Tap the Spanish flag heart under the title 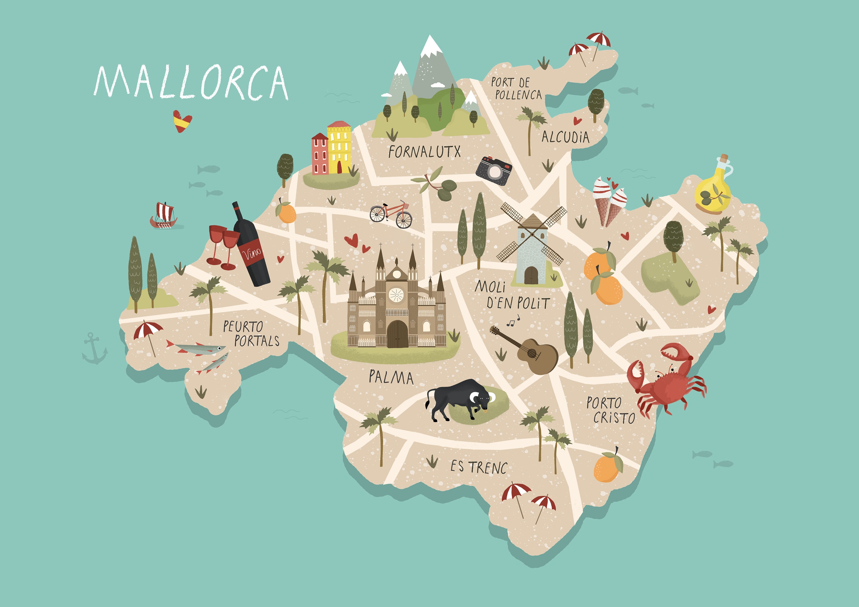coord(182,120)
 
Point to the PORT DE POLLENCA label coord(516,89)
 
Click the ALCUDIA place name coord(565,137)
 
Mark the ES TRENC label coord(478,467)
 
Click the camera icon coord(494,171)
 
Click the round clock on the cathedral coord(396,295)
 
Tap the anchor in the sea coord(94,349)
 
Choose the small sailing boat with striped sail coord(163,216)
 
